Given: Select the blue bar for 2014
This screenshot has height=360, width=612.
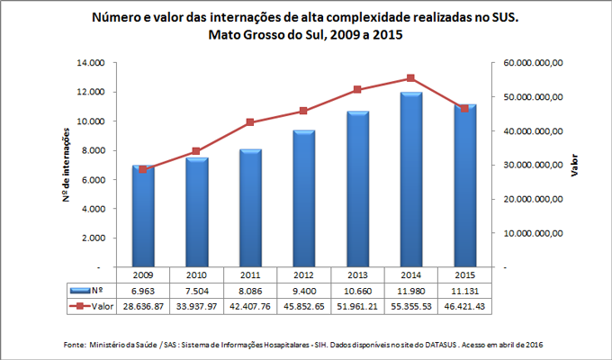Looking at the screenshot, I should tap(410, 180).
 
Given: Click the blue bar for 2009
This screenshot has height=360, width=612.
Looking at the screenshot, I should tap(144, 217).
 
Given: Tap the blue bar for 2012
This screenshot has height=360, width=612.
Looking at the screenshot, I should tap(303, 199).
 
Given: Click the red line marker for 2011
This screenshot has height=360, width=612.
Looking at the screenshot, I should tap(250, 122).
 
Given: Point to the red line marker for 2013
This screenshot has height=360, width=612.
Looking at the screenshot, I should tap(357, 90).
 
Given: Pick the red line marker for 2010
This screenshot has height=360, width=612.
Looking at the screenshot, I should tap(197, 151).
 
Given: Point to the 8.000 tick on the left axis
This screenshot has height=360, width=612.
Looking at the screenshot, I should tap(94, 150).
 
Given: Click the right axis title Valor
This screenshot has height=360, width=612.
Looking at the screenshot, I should tap(576, 166).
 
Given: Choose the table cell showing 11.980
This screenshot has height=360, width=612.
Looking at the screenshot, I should tap(410, 292).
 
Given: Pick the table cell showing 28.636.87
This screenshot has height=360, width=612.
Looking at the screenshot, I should tap(144, 307).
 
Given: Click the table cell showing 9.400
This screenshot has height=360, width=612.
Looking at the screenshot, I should tap(303, 292).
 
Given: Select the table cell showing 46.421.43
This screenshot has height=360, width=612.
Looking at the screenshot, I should tap(463, 307).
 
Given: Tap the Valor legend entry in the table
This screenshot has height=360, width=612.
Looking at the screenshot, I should tap(93, 307).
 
